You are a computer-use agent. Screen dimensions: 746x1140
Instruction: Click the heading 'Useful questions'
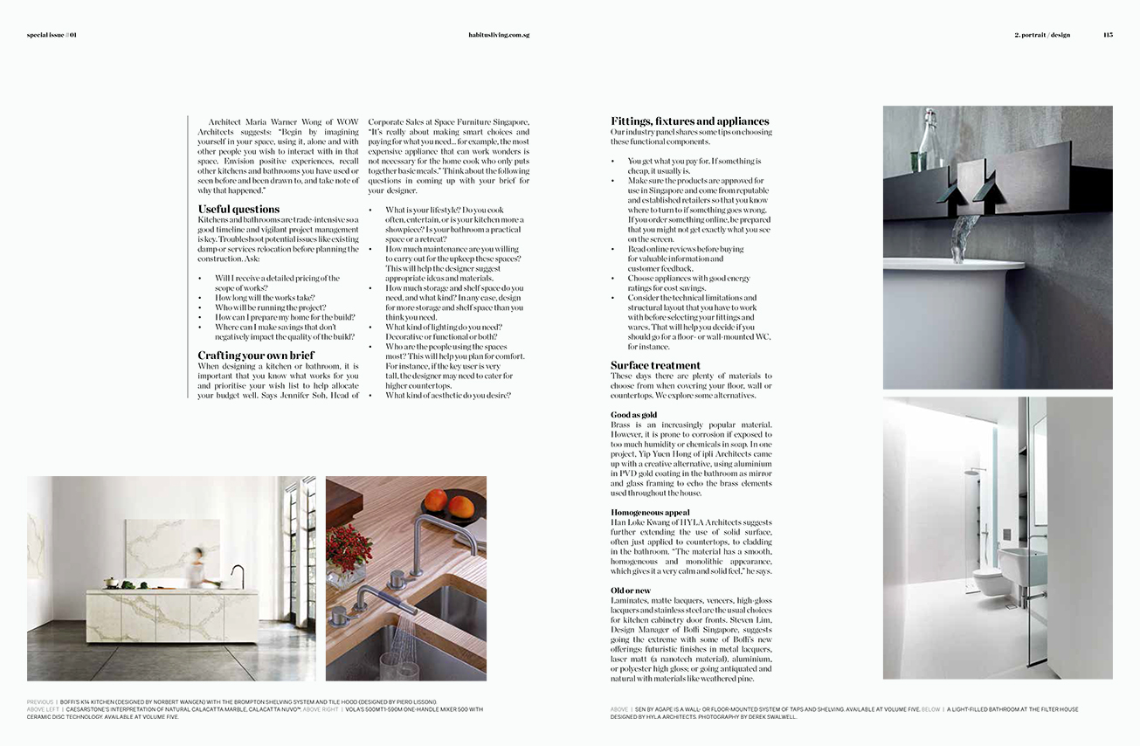coord(238,209)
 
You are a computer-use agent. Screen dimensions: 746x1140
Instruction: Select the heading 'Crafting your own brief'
coord(256,356)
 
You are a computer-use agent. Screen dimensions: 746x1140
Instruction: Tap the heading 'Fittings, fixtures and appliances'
coord(689,121)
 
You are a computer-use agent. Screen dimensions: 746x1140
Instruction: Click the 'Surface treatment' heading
coord(655,365)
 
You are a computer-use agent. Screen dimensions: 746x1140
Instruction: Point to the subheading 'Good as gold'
coord(633,415)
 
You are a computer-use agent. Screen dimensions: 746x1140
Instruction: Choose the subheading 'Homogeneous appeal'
coord(650,513)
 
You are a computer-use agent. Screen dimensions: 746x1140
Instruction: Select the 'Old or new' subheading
coord(631,591)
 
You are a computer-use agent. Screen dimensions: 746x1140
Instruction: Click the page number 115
coord(1108,35)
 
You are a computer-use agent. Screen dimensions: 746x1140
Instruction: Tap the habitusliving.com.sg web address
coord(499,35)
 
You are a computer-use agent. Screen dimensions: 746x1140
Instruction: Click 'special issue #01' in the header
coord(52,35)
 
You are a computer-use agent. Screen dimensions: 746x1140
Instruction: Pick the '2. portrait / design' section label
coord(1042,35)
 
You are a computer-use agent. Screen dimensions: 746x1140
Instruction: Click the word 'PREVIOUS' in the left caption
coord(40,701)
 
